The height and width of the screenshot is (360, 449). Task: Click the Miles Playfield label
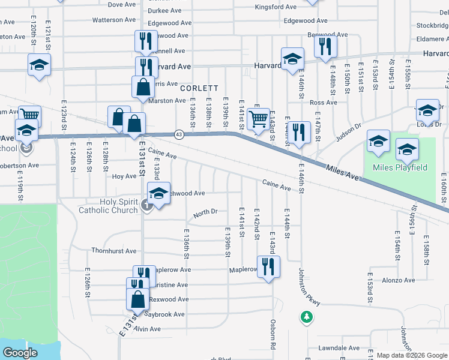coord(399,167)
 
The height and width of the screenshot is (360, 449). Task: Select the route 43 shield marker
coord(179,133)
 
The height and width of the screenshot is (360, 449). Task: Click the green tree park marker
coord(307,316)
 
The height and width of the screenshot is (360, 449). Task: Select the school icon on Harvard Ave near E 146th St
coord(292,59)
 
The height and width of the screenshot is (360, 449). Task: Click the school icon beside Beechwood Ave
coord(158,194)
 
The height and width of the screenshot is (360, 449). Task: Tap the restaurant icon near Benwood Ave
coord(325,47)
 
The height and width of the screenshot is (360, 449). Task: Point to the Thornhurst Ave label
coord(114,251)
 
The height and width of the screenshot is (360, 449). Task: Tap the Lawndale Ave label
coord(339,348)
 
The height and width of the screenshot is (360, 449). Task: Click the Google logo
coord(20,353)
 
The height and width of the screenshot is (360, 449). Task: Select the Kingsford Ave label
coord(276,7)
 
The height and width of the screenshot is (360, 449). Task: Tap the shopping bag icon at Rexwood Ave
coord(137,298)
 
